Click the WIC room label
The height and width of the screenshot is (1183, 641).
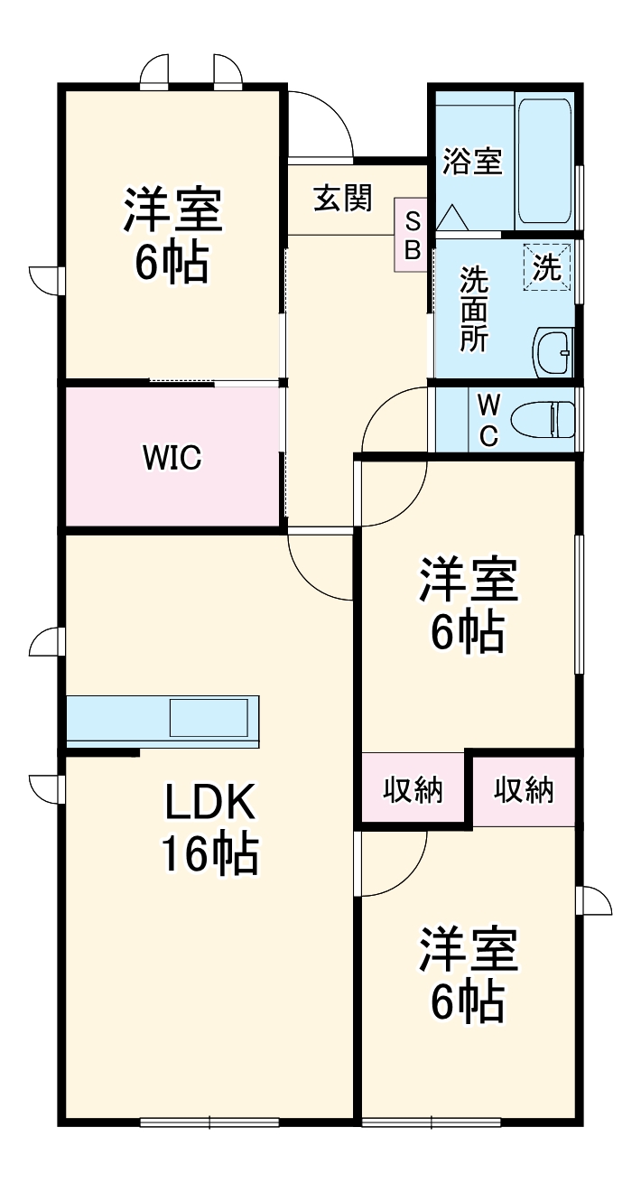click(171, 458)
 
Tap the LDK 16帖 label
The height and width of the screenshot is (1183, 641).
click(209, 828)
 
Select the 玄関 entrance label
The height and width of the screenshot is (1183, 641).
click(342, 198)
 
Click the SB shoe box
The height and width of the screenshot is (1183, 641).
click(412, 236)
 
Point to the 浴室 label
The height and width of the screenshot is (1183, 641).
click(472, 163)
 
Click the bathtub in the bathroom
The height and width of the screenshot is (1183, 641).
click(543, 163)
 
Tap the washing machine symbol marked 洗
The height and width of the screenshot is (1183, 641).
click(546, 266)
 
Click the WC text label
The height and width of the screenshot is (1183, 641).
click(488, 420)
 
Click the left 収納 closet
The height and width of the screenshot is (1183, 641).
click(413, 790)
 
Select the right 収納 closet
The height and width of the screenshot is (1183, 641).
click(524, 790)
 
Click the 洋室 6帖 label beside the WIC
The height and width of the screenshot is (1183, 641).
click(172, 235)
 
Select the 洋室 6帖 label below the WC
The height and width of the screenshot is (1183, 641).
click(467, 606)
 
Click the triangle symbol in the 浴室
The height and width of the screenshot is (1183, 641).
click(451, 218)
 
